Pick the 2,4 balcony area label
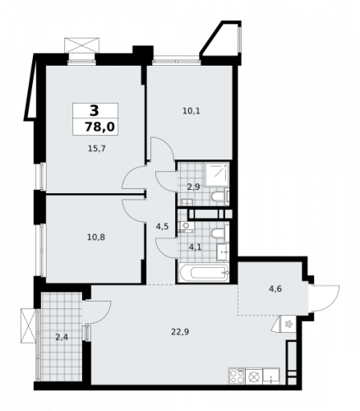tap(62, 336)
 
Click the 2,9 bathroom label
tap(193, 187)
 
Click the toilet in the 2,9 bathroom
tap(219, 196)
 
